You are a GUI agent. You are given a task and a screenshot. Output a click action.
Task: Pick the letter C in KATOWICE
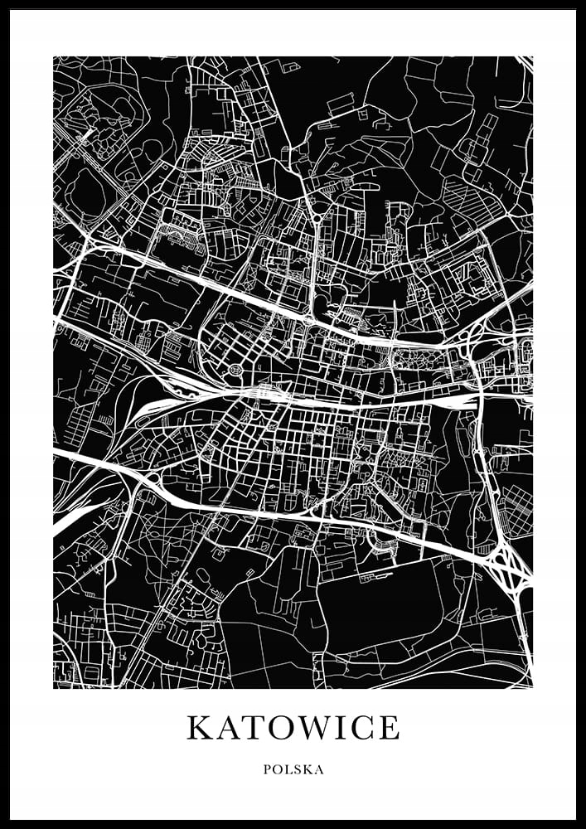(x=366, y=728)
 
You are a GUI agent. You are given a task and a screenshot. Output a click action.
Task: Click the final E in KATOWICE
(x=390, y=728)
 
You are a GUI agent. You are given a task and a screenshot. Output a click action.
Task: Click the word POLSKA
(x=293, y=769)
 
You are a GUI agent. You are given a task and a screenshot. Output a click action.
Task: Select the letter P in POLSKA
(x=267, y=769)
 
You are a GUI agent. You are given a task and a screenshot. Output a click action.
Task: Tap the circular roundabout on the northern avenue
(x=316, y=220)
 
